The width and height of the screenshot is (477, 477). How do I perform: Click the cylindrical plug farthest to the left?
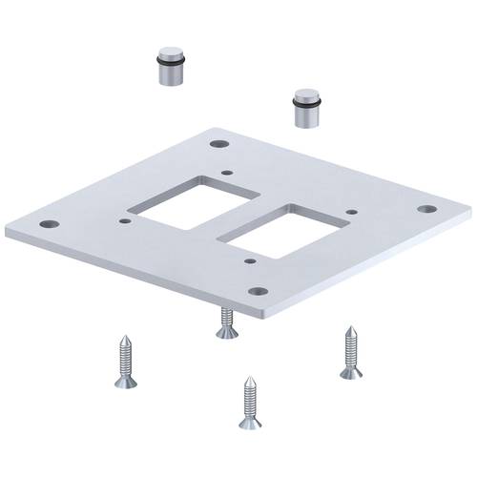(x=170, y=66)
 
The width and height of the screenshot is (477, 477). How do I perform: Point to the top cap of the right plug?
(x=306, y=96)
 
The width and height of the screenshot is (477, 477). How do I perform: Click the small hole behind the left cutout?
(x=226, y=173)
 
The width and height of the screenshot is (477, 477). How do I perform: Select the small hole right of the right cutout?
(x=352, y=212)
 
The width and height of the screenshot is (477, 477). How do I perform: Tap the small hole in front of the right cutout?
(x=249, y=259)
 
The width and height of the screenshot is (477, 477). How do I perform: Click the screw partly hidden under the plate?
(x=226, y=324)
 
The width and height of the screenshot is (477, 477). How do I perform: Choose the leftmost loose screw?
(x=124, y=361)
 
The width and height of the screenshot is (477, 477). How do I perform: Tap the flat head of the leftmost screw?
(x=126, y=384)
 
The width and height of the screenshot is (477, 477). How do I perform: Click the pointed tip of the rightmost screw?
(x=349, y=329)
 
